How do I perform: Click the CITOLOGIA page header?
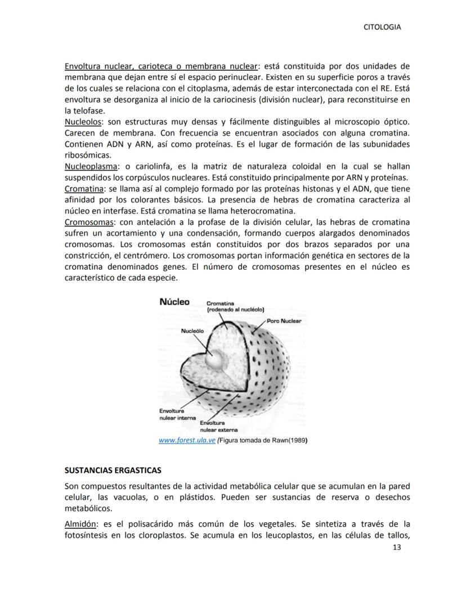point(383,27)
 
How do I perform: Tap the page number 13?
point(397,548)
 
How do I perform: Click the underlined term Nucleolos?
point(83,121)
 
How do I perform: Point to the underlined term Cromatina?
point(83,189)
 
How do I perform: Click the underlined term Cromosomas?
point(87,222)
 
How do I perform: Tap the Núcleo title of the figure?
point(174,302)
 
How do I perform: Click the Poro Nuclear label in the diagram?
point(284,321)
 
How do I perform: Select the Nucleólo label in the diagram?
point(192,331)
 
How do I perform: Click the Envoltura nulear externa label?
point(216,427)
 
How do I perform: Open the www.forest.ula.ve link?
point(187,441)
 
